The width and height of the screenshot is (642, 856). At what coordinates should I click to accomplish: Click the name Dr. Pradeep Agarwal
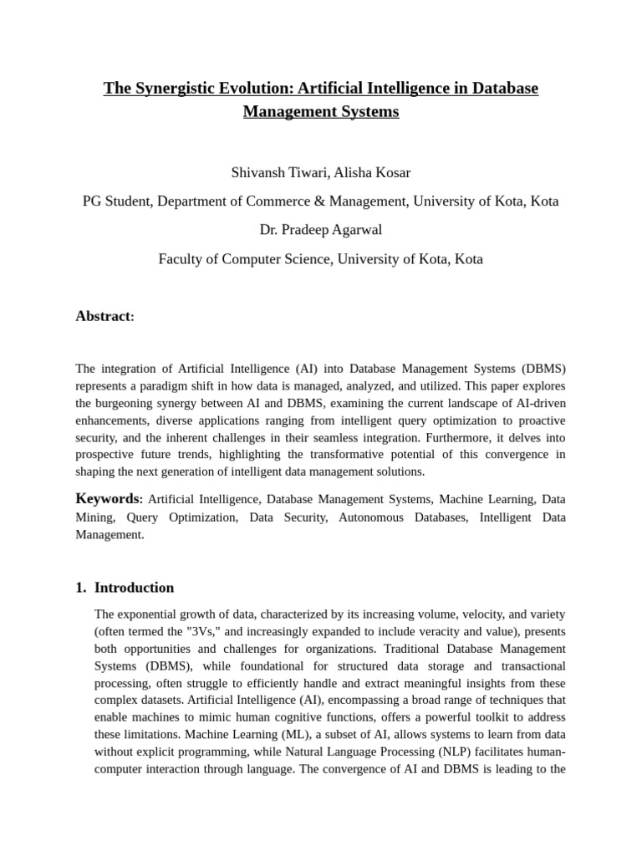coord(321,230)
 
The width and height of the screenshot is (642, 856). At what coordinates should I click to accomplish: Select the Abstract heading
coord(103,316)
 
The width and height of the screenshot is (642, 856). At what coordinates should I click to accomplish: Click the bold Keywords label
coord(108,499)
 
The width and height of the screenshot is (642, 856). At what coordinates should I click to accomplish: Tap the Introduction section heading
coord(134,587)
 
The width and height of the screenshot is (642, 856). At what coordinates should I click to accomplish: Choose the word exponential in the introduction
coord(148,614)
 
